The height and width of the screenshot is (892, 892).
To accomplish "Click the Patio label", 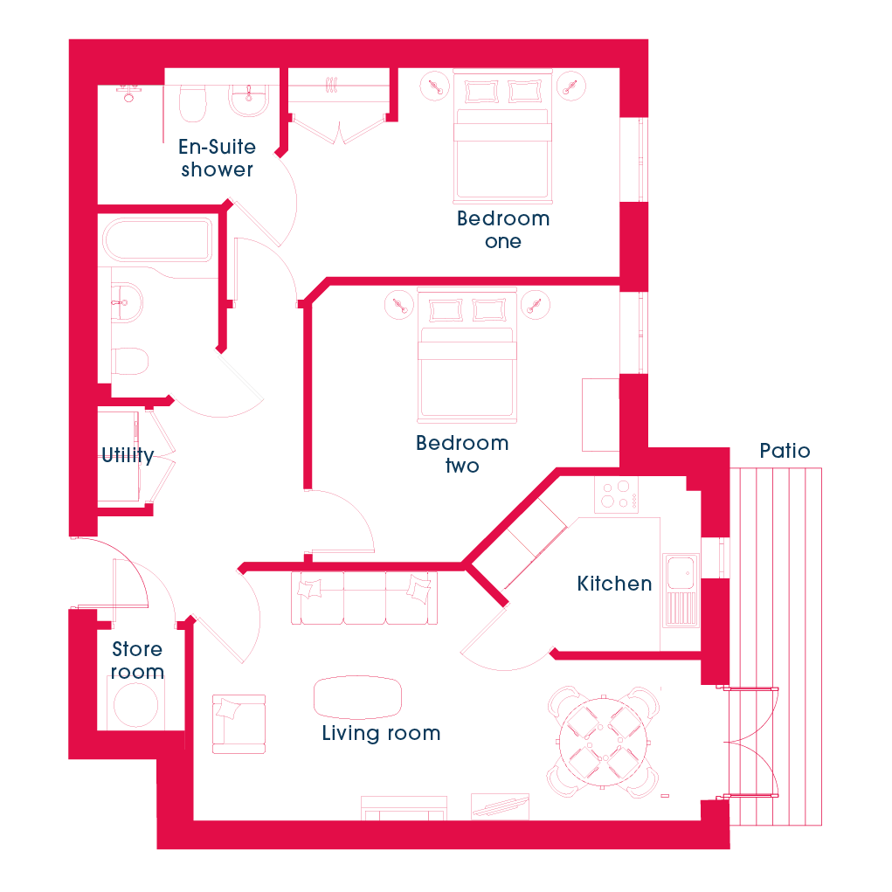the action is point(785,451).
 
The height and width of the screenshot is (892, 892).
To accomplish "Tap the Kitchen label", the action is point(614,584).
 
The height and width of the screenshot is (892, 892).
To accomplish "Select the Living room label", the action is point(381,733).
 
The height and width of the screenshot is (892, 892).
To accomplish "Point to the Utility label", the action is point(128,455).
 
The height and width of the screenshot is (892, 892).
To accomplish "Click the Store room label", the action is point(137,660).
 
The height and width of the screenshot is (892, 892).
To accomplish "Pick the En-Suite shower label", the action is point(217,158).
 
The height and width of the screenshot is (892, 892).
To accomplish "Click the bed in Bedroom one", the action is point(502,136).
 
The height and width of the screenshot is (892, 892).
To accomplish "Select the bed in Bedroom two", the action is point(467,356).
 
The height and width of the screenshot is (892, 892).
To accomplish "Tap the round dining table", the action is point(603,743).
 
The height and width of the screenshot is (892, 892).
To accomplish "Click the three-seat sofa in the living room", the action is point(364,598).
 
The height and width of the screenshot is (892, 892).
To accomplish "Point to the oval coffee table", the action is point(358,697).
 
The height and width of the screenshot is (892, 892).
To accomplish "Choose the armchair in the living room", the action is point(239,724).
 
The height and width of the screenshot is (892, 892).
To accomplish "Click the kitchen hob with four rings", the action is point(617,494).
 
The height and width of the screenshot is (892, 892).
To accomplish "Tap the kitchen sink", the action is point(681,591).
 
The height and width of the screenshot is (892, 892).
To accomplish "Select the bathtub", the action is point(157,240).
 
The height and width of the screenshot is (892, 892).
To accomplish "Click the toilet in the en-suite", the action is point(193,103).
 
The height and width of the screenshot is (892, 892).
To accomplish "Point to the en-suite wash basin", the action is point(249,100).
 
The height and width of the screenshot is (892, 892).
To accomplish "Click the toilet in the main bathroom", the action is point(129,361).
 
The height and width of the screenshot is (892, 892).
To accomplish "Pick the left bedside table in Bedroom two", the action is point(399,305).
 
